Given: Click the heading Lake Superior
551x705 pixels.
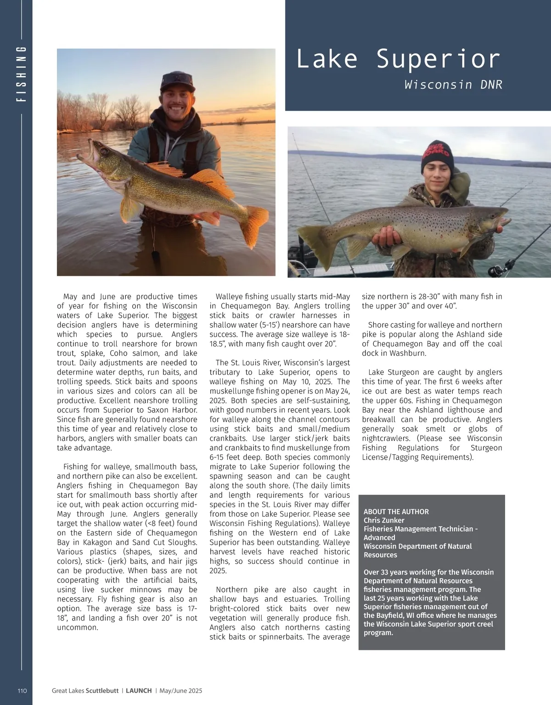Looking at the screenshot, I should tap(398, 59).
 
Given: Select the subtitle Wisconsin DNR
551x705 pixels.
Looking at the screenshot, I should tap(453, 85).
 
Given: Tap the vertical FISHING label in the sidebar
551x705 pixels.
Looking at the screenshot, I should tap(21, 73).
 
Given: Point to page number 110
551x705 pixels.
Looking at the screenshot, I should tap(22, 690).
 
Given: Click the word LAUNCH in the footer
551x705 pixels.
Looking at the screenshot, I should tap(139, 690).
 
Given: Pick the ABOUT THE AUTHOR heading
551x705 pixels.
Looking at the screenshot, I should tap(396, 511).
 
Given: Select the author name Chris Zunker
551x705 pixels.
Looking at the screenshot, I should tap(384, 520).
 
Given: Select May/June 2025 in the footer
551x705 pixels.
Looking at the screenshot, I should tap(181, 690).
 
